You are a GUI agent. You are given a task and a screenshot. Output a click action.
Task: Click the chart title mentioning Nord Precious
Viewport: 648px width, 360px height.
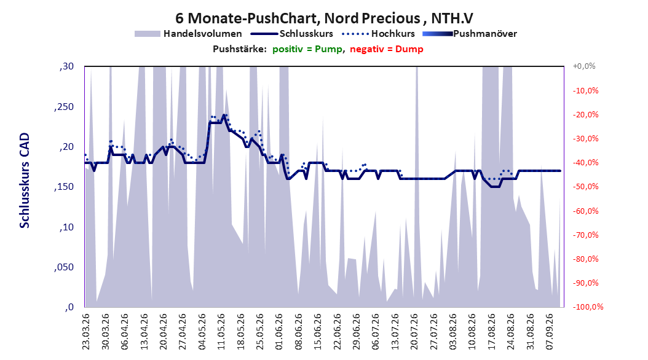click(x=324, y=18)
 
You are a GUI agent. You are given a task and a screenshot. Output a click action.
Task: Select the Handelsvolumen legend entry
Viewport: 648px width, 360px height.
click(x=188, y=34)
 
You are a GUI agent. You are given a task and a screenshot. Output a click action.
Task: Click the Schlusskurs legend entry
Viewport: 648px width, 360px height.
click(x=292, y=34)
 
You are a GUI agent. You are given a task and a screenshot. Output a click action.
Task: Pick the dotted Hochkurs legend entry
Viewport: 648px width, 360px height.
click(x=378, y=34)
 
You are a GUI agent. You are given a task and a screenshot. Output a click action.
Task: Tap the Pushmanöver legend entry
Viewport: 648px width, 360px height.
click(x=470, y=34)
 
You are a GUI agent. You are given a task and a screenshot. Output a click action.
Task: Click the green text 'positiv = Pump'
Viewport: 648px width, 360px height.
click(x=307, y=49)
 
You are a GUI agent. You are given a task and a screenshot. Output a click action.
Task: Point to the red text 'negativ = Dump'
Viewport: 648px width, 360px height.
click(x=387, y=49)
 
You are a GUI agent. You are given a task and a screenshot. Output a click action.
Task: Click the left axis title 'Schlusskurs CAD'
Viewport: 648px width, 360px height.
click(x=25, y=181)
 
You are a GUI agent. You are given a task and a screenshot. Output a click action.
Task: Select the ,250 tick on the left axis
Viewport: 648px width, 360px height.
click(x=64, y=107)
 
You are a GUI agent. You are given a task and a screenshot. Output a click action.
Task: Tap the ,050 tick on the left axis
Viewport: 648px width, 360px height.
click(x=64, y=267)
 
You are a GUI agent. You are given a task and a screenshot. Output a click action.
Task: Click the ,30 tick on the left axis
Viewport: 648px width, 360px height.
click(x=66, y=66)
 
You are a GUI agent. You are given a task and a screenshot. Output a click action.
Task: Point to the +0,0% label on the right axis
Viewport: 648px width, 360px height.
click(x=584, y=66)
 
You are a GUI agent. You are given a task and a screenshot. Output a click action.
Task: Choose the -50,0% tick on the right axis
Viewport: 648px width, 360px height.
click(x=585, y=187)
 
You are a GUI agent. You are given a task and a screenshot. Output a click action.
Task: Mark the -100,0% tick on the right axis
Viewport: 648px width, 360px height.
click(x=588, y=307)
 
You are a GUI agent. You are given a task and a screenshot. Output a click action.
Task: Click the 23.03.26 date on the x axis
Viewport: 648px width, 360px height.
click(x=86, y=332)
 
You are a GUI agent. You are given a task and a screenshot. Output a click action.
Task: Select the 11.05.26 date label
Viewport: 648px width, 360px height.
click(x=221, y=332)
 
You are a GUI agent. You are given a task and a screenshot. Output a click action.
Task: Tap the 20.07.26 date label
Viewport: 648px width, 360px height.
click(x=414, y=332)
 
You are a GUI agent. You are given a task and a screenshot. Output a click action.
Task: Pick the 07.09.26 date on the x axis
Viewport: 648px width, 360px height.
click(x=550, y=332)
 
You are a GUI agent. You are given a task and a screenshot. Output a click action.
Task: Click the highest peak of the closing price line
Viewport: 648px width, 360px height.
click(x=224, y=115)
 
